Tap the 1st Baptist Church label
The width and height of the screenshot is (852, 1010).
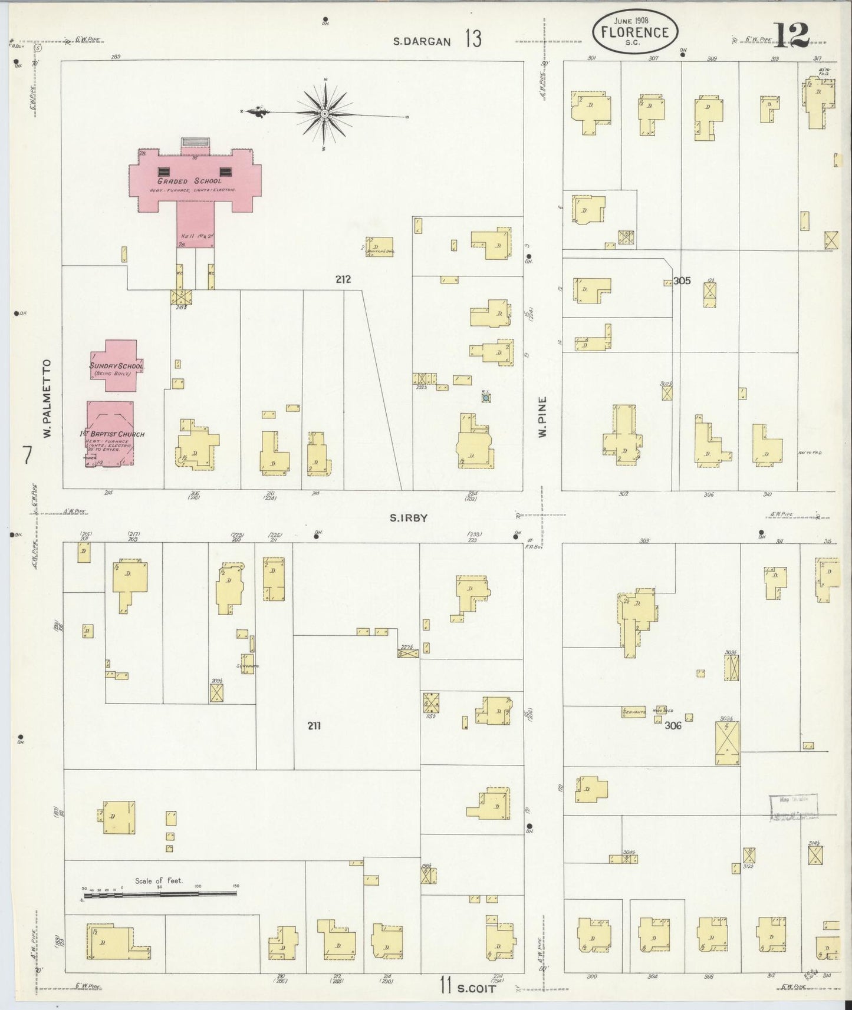coord(112,434)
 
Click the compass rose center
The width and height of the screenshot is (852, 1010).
coord(325,113)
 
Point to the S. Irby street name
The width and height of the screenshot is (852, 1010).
coord(407,518)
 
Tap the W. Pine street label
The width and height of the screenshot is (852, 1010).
coord(541,416)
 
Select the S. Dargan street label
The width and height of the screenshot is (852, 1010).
coord(422,41)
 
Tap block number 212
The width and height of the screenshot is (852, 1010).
coord(343,279)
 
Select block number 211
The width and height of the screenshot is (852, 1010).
coord(314,726)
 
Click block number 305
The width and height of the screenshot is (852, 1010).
coord(682,281)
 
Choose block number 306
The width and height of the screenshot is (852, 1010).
coord(673,725)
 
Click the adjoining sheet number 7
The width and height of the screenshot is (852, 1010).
coord(27,455)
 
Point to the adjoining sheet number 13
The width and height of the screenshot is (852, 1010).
coord(472,39)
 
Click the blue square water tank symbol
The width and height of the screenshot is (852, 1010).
coord(485,398)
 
